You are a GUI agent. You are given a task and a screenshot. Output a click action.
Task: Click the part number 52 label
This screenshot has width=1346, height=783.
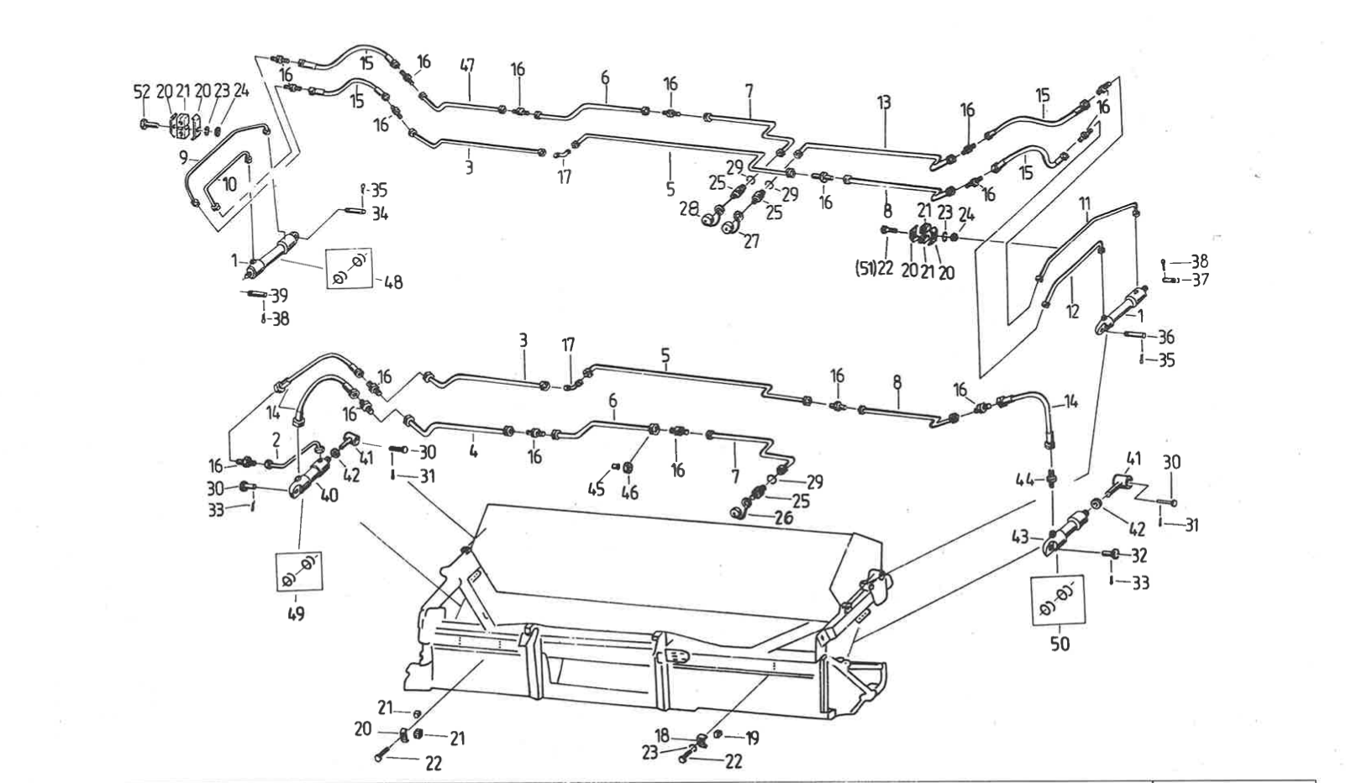tap(140, 92)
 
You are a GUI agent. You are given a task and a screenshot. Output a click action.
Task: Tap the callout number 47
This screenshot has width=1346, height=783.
tap(467, 65)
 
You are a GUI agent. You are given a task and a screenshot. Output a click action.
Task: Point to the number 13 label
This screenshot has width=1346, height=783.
tap(883, 102)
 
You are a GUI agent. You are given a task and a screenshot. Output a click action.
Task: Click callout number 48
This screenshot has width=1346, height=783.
tap(392, 282)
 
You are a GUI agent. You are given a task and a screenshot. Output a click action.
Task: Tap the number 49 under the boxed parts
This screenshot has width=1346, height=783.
tap(295, 613)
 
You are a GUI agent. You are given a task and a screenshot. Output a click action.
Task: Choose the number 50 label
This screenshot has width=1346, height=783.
tap(1059, 644)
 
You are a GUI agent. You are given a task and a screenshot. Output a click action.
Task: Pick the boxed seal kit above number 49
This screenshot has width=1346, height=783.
tap(298, 570)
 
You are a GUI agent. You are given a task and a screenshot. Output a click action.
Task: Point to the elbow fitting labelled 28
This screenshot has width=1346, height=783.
tap(713, 220)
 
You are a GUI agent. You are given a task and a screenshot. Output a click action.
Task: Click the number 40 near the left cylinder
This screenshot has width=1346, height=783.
tap(329, 495)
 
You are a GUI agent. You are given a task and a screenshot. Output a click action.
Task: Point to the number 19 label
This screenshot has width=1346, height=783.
tap(751, 738)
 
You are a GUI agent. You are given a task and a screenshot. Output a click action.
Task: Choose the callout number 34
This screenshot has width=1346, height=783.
tap(380, 214)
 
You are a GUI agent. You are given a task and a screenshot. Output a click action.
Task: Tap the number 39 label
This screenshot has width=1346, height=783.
tap(279, 296)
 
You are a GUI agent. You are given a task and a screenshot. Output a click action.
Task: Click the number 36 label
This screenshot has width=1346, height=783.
tap(1165, 337)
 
